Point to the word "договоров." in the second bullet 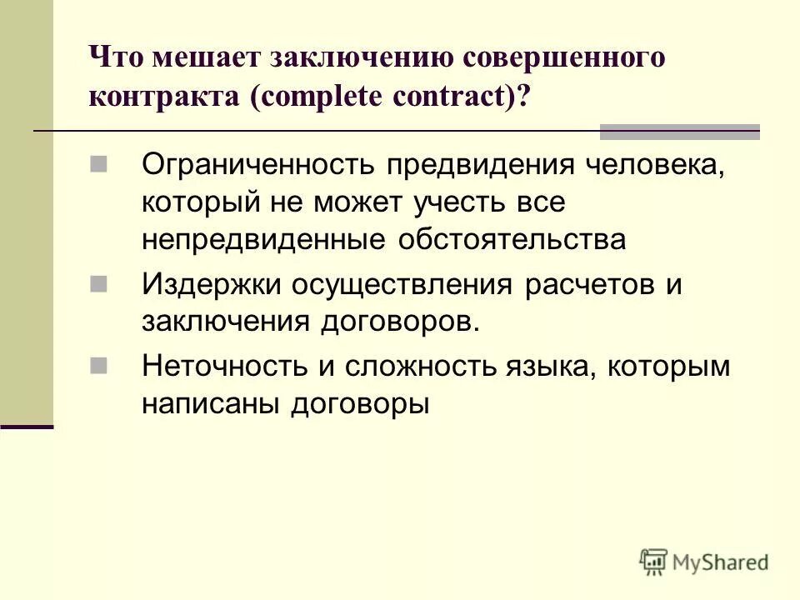(400, 321)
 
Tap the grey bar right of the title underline (680, 131)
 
